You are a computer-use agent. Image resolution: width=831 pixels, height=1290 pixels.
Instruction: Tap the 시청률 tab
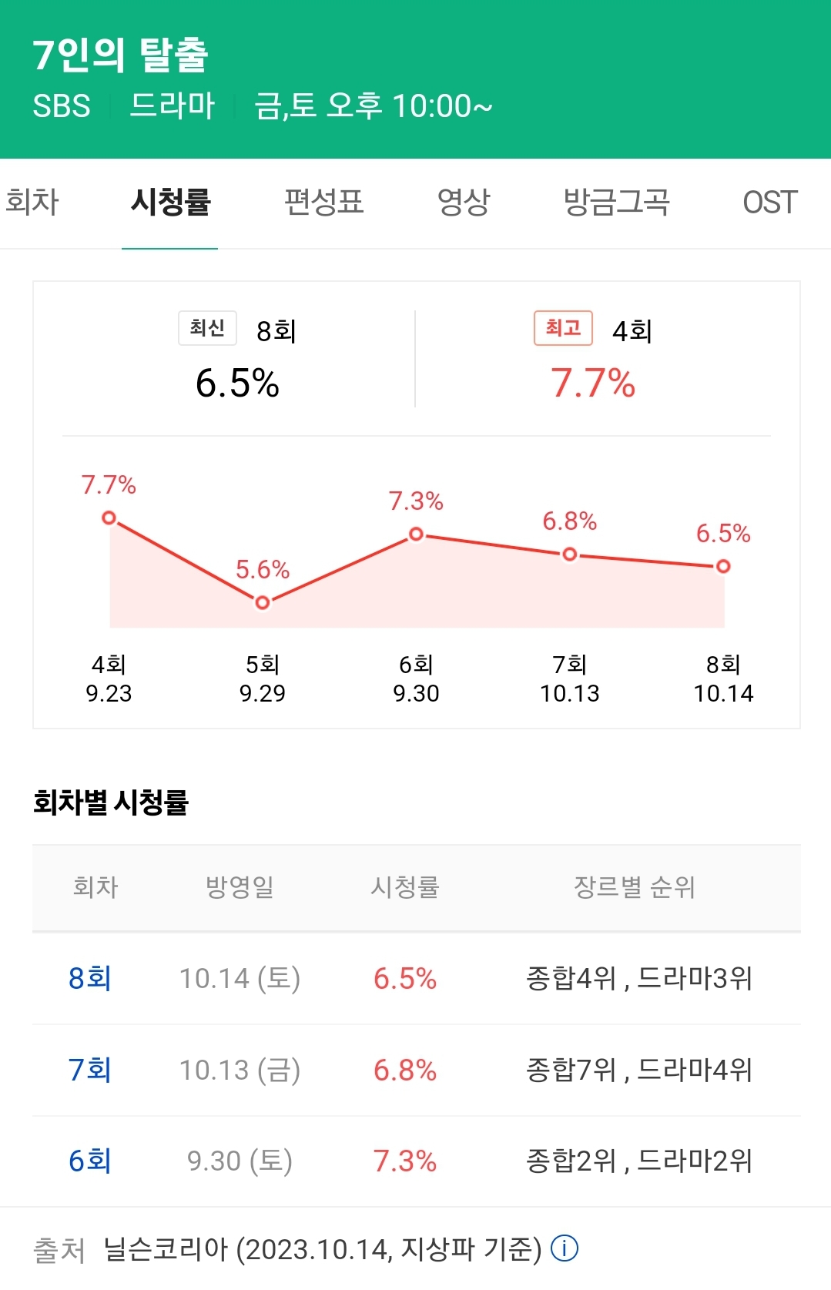(x=170, y=203)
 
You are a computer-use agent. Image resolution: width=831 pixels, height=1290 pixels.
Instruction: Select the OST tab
(x=769, y=203)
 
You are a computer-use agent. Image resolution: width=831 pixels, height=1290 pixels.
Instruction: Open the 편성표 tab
(x=323, y=203)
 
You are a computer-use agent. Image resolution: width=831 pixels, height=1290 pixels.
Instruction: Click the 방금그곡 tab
(x=616, y=203)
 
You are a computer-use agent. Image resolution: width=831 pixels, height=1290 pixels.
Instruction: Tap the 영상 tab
(x=463, y=203)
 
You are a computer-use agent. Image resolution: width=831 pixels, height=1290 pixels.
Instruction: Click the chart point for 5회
(x=263, y=602)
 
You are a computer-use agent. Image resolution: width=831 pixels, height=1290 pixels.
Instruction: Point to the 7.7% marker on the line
(x=109, y=518)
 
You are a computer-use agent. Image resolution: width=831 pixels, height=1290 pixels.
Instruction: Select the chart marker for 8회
(x=723, y=566)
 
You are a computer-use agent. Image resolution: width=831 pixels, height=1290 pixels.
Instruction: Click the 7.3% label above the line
(x=416, y=501)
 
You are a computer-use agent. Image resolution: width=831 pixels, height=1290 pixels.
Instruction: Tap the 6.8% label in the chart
(x=569, y=521)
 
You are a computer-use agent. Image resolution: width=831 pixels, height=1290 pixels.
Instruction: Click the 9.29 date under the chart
(x=262, y=693)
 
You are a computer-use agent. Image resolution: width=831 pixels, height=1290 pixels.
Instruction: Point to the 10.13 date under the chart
(x=569, y=693)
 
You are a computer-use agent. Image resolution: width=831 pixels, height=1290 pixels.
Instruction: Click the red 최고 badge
(x=563, y=328)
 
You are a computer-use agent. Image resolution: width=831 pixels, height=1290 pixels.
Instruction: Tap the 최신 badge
(x=207, y=328)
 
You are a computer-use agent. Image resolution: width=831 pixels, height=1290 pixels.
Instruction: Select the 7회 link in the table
(x=90, y=1070)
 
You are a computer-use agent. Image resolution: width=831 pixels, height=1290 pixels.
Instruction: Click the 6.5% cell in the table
(x=405, y=979)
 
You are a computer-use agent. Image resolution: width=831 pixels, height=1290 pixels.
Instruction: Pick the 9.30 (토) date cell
(x=240, y=1161)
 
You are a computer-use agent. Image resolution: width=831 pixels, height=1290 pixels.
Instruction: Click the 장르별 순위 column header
(x=634, y=887)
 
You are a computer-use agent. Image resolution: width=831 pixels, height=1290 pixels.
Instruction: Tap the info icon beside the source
(x=565, y=1248)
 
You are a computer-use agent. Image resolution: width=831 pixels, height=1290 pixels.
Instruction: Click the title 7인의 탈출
(x=121, y=55)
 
